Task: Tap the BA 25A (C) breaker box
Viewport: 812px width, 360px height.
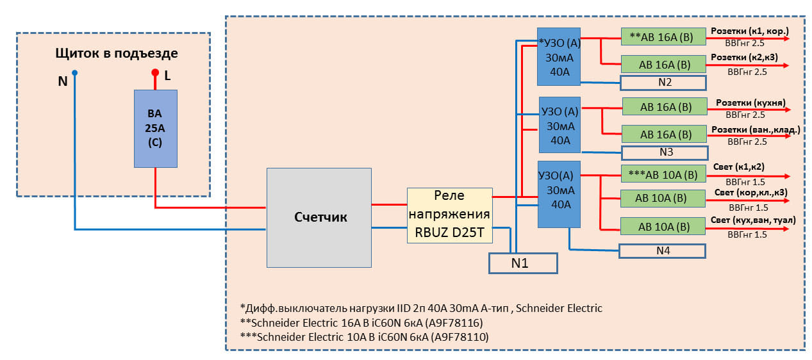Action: [155, 129]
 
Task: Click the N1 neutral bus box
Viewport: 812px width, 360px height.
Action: [523, 263]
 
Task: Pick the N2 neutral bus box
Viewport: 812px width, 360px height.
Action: [663, 83]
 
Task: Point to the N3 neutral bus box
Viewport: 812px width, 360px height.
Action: [665, 152]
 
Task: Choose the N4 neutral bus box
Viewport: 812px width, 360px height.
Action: [663, 250]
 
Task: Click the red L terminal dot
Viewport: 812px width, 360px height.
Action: [154, 73]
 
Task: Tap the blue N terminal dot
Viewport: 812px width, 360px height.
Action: [74, 73]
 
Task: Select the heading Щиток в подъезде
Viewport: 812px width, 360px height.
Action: [117, 53]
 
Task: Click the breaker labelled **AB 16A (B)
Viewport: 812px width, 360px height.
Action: [663, 37]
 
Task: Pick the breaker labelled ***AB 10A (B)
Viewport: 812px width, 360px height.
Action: [663, 174]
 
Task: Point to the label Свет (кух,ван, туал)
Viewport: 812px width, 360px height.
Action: [753, 220]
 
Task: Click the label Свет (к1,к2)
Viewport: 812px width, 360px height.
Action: [738, 167]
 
